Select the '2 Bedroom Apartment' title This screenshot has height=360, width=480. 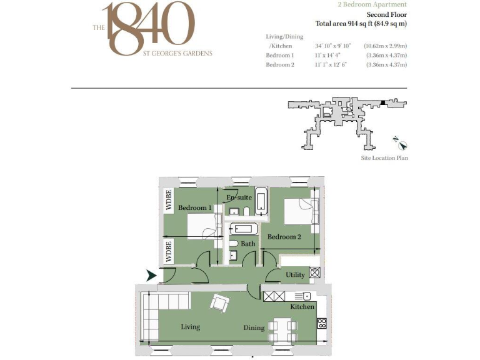coord(371,4)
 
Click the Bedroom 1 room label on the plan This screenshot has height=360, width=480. coord(195,207)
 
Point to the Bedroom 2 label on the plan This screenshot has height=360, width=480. coord(284,237)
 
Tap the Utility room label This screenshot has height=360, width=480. coord(295,275)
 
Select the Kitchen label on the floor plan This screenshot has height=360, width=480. coord(302,307)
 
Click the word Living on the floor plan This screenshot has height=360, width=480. coord(190,327)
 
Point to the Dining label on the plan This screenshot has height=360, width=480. coord(254,328)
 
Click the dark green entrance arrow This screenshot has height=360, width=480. coord(151,275)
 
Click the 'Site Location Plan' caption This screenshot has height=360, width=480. coord(385,158)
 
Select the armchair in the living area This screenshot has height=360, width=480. coord(219,302)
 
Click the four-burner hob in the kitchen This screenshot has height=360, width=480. coord(322,323)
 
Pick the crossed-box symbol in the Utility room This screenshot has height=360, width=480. coord(315,272)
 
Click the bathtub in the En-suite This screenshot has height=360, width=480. coord(261,201)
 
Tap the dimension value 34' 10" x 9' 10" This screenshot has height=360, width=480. coord(333,46)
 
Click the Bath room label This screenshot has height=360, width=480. coord(247,244)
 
